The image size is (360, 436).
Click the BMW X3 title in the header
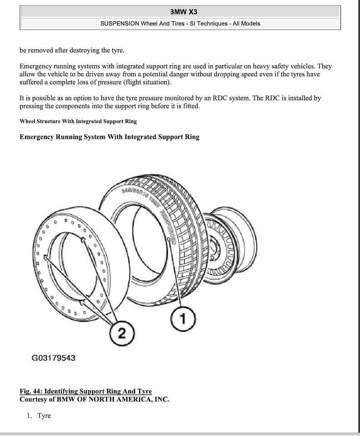coord(180,12)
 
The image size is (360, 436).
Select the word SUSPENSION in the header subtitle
coord(120,24)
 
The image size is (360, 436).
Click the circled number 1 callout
coord(183,320)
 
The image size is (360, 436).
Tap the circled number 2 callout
coord(122,334)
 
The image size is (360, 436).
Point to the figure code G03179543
coord(54,358)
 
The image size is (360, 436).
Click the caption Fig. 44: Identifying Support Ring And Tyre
coord(86,391)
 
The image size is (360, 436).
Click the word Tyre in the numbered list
coord(44,416)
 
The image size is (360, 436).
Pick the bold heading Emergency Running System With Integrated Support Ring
coord(109,137)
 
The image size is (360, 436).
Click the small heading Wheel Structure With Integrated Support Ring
coord(78,121)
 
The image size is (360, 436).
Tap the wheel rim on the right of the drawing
coord(234,245)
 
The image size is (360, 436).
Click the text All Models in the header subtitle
coord(246,24)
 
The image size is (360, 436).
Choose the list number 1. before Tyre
coord(29,416)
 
